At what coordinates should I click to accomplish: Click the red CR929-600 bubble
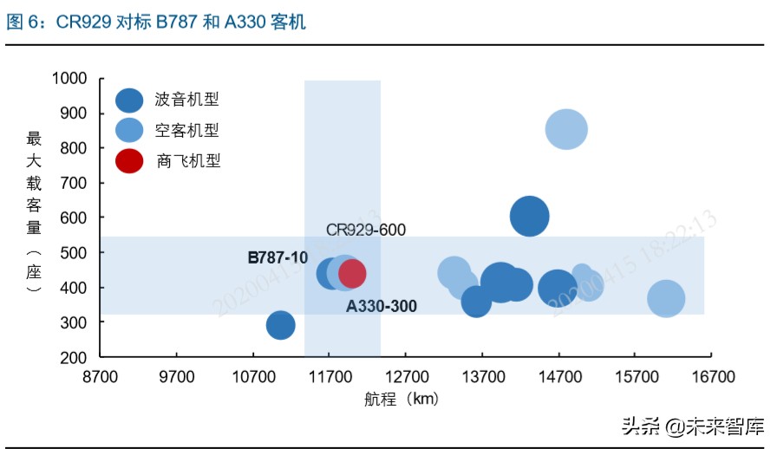click(352, 274)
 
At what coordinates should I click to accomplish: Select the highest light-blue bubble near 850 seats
click(566, 129)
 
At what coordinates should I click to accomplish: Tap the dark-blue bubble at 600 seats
click(530, 216)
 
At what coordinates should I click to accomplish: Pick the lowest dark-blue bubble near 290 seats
click(280, 325)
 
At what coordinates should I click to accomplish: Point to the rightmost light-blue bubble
click(666, 299)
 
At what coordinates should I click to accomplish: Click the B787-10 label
click(277, 257)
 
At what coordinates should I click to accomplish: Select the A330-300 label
click(382, 306)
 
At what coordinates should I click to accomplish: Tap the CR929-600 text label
click(366, 230)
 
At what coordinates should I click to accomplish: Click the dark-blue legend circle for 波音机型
click(130, 101)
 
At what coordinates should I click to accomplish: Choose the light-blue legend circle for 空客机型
click(130, 131)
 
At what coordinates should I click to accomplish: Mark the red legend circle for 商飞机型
click(130, 160)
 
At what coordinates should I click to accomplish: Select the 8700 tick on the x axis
click(100, 377)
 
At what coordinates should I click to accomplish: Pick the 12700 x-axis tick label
click(405, 377)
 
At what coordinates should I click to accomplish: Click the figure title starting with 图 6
click(156, 22)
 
